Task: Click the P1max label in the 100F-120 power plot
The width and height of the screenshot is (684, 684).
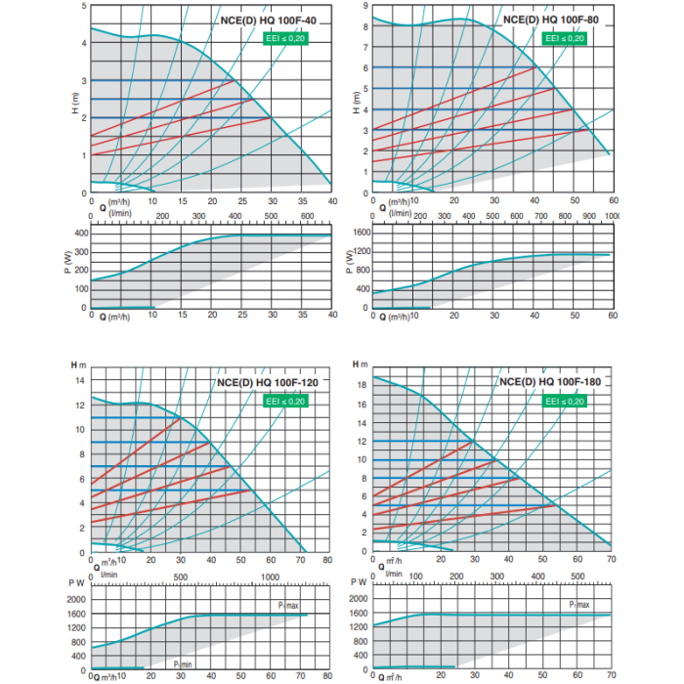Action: (x=285, y=607)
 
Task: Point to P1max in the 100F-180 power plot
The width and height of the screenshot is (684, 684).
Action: (x=580, y=605)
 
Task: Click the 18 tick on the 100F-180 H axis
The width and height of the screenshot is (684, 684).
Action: (x=362, y=385)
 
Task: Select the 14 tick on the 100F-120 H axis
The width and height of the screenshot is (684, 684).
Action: (x=80, y=380)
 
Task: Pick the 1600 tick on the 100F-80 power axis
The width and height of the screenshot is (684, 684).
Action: (x=360, y=234)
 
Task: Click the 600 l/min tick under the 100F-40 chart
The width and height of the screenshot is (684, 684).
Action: (x=304, y=216)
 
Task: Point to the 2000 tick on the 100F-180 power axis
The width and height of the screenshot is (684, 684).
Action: (x=359, y=598)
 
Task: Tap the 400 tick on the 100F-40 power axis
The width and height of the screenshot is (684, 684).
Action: (x=80, y=234)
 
